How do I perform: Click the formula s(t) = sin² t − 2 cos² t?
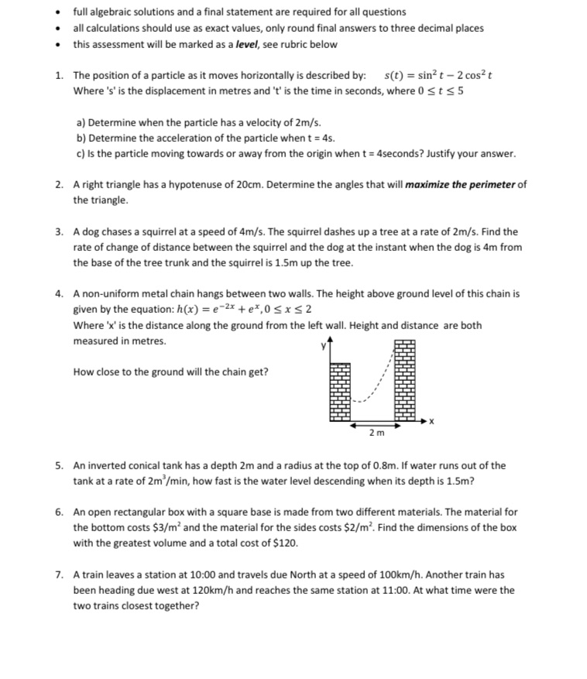coord(439,75)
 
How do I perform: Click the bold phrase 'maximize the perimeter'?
coord(460,184)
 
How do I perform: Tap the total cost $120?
coord(283,543)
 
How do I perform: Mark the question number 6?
coord(59,512)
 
